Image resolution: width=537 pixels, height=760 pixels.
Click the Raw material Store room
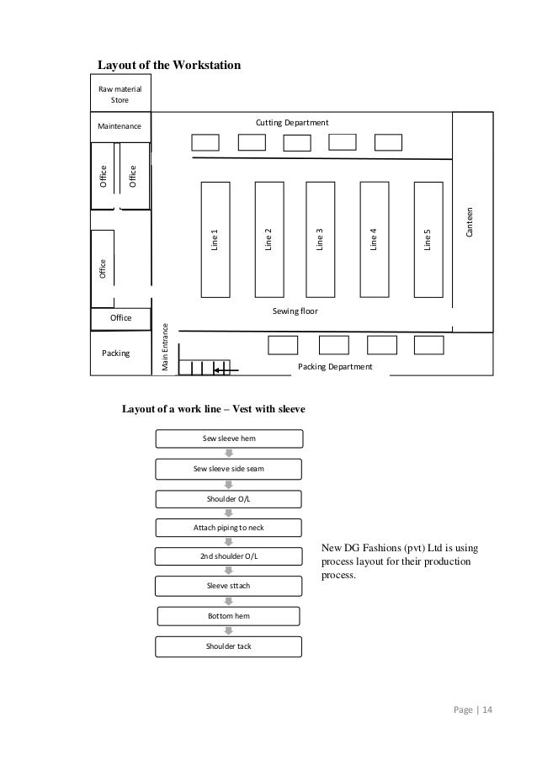point(120,94)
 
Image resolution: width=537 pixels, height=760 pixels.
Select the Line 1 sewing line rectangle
point(214,239)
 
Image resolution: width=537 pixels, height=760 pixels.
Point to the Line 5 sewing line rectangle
point(428,239)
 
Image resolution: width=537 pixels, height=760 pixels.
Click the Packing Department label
point(335,367)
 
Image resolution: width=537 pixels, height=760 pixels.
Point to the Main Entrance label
point(166,348)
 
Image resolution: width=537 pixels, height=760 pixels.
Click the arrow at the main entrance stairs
point(226,369)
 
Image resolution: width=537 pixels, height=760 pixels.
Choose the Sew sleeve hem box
point(229,438)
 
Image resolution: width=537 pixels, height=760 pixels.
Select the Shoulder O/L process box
point(229,499)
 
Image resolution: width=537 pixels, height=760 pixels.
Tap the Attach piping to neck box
point(229,528)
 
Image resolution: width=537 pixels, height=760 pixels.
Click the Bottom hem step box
point(229,616)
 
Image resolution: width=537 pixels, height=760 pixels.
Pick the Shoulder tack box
point(229,646)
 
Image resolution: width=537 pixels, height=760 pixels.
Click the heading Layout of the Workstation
point(170,65)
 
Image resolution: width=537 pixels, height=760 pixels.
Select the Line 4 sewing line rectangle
point(373,239)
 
